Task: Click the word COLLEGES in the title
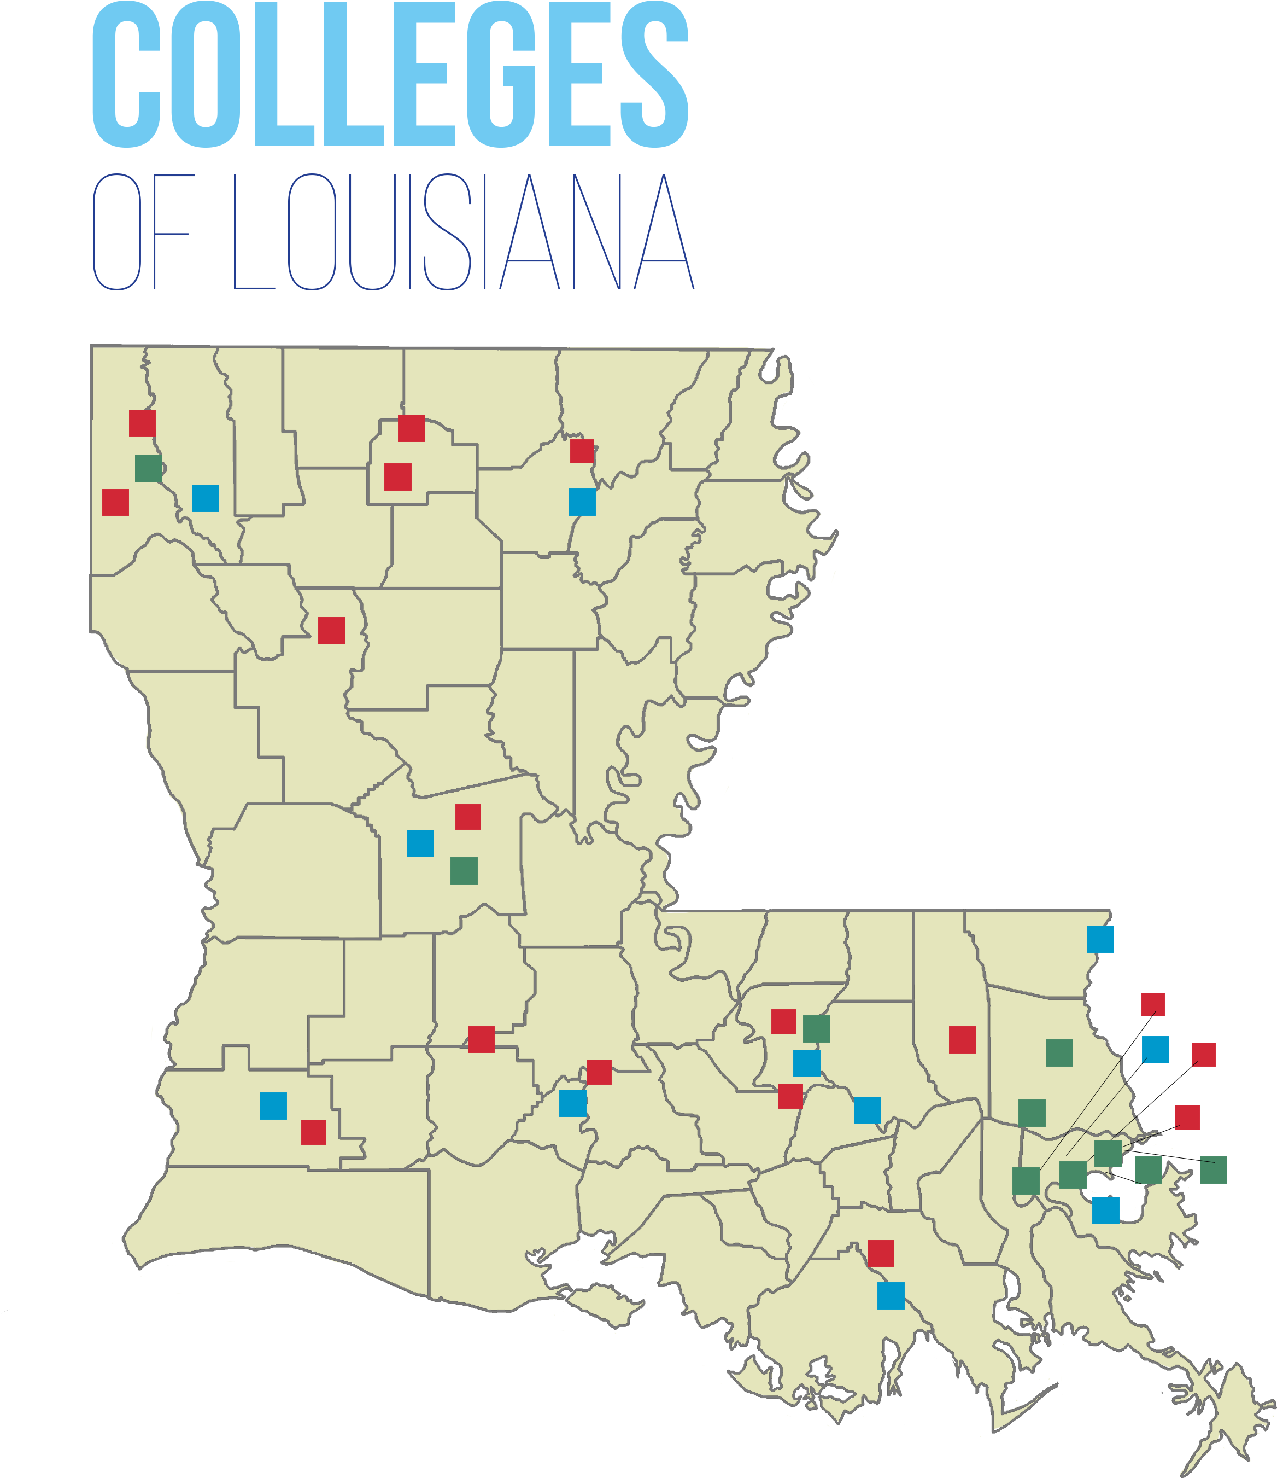coord(390,75)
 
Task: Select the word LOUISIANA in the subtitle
coord(464,232)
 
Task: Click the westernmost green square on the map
coord(148,469)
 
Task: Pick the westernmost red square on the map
coord(115,502)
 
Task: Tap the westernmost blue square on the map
coord(206,498)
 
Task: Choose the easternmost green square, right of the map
coord(1214,1170)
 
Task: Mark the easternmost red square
coord(1204,1054)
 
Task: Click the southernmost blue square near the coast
coord(891,1296)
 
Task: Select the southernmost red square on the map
coord(881,1253)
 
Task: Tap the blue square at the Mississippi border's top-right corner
coord(1100,939)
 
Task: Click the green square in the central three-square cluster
coord(464,871)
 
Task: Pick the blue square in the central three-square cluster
coord(420,843)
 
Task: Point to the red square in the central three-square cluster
coord(468,817)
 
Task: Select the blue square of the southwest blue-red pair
coord(273,1105)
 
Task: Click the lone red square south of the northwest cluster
coord(331,631)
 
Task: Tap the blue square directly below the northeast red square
coord(582,502)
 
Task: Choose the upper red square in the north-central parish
coord(412,428)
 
